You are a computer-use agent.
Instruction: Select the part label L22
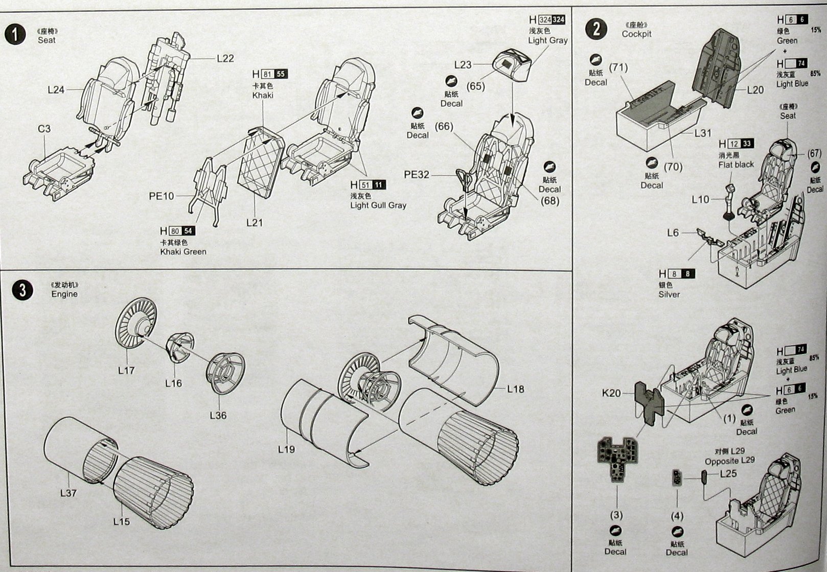pos(225,59)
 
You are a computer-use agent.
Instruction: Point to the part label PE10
pos(162,196)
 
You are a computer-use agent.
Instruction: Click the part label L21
pos(254,222)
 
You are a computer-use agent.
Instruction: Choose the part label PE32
pos(417,175)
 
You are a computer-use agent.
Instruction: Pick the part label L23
pos(463,65)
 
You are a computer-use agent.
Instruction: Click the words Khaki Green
pos(183,251)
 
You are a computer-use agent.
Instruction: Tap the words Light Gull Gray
pos(378,205)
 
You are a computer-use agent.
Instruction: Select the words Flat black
pos(736,164)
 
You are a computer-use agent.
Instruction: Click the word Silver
pos(669,294)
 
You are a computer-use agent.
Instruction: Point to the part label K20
pos(611,393)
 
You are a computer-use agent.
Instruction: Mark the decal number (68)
pos(550,201)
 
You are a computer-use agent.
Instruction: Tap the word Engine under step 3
pos(64,294)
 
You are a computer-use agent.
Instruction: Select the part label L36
pos(218,415)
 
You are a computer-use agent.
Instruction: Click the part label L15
pos(122,521)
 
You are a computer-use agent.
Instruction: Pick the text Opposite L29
pos(729,461)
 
